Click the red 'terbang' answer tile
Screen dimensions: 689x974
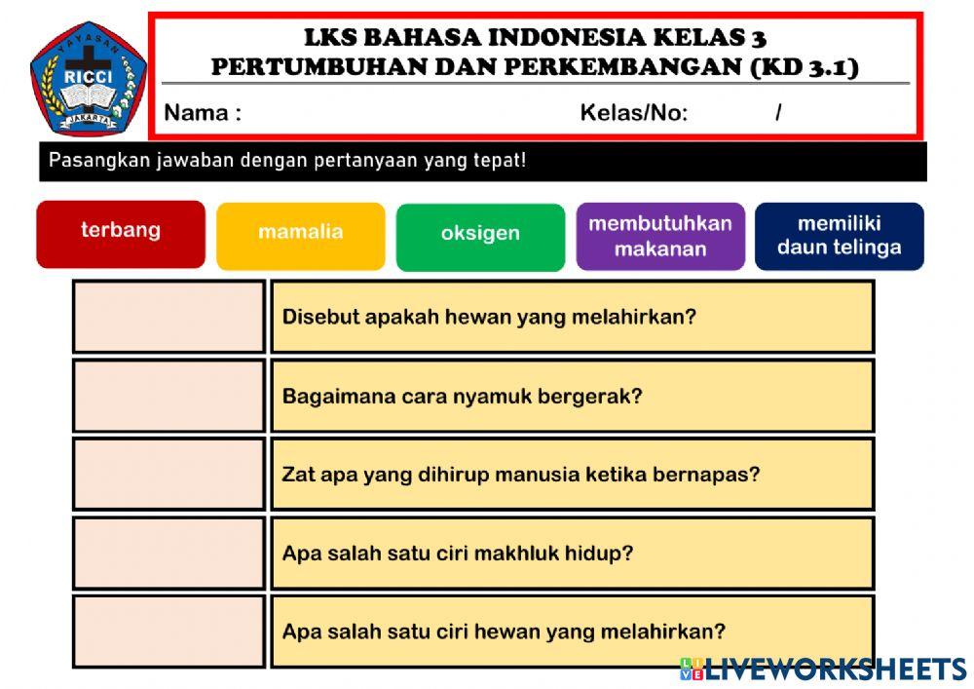121,234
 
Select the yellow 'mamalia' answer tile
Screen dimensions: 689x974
300,235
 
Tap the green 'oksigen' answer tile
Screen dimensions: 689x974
480,236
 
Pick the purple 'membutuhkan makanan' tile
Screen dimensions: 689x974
660,236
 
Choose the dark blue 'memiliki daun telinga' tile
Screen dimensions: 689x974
839,236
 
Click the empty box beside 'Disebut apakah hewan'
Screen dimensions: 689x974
169,317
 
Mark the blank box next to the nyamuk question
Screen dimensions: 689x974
169,396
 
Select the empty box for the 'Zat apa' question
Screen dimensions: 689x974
169,474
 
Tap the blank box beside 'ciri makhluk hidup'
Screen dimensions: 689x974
169,553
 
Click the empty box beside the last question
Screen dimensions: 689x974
169,632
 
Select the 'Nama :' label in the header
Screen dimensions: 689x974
203,113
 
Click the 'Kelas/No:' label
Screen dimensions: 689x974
634,113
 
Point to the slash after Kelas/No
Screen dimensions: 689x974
778,113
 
